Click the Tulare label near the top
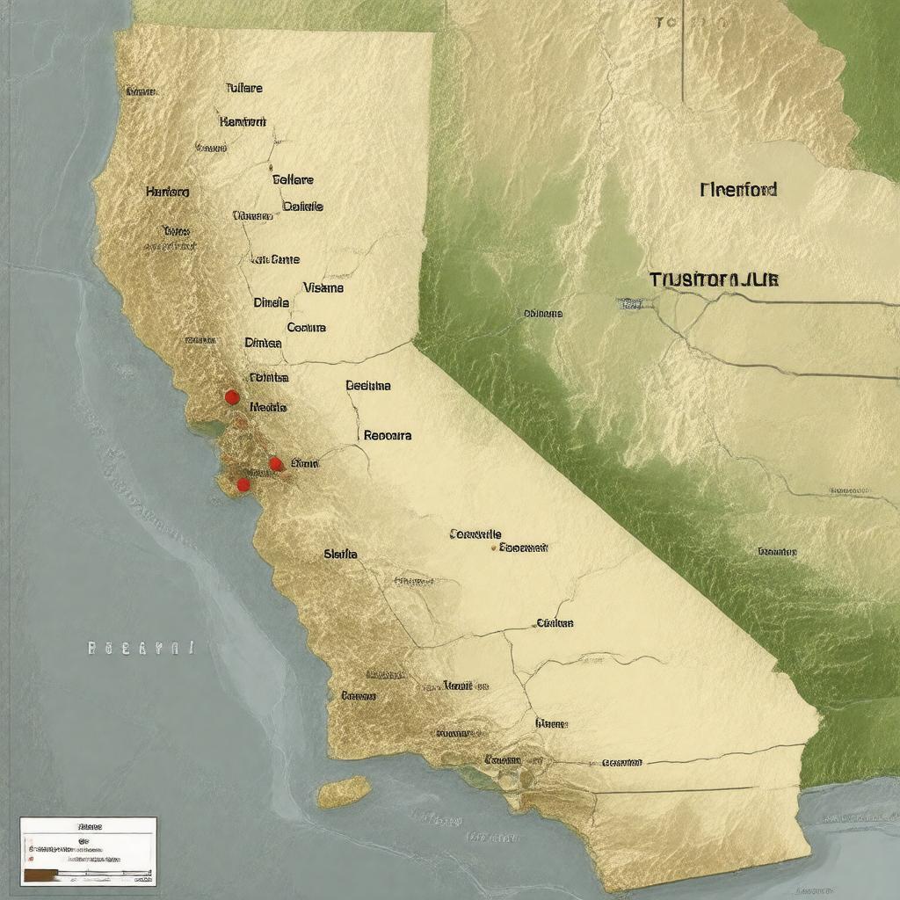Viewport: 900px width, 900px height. [244, 89]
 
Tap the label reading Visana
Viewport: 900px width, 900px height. [323, 287]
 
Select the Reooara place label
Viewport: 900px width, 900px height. [387, 434]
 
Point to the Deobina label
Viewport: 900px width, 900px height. [368, 385]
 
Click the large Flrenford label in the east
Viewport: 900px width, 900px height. [738, 189]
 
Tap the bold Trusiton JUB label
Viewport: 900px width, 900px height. [714, 279]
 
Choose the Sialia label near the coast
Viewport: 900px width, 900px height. [340, 554]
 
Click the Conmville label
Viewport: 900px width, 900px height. [475, 533]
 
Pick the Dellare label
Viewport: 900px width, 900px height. [293, 179]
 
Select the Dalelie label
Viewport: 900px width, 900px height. [303, 207]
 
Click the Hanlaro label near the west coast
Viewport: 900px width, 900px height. [167, 191]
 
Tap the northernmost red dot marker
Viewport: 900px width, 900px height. [232, 397]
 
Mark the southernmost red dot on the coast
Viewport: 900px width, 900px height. [243, 484]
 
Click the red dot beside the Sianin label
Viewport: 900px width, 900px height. [275, 463]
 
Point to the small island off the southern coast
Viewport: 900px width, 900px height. [344, 792]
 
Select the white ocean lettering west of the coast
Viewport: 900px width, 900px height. [141, 649]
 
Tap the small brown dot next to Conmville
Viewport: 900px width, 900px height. [493, 547]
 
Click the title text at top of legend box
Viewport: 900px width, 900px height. [90, 827]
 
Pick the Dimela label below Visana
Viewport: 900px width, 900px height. [272, 302]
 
